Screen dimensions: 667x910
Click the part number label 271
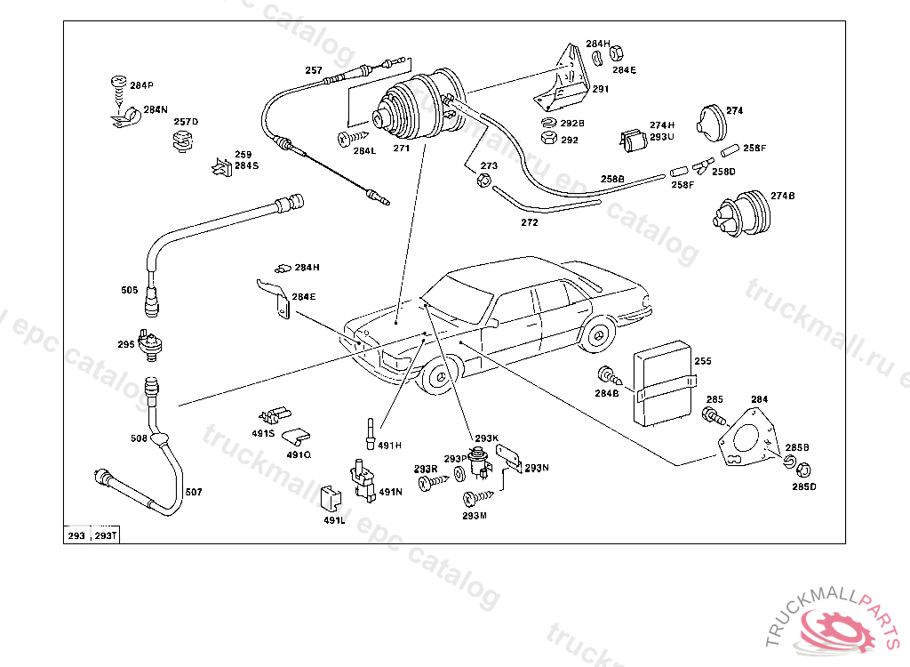click(402, 149)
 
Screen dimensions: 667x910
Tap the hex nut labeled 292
click(548, 139)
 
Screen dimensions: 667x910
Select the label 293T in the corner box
click(106, 535)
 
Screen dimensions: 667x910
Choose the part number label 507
click(193, 492)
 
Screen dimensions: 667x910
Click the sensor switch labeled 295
click(155, 345)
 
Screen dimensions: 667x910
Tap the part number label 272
click(530, 222)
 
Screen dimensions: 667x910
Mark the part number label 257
click(314, 70)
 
